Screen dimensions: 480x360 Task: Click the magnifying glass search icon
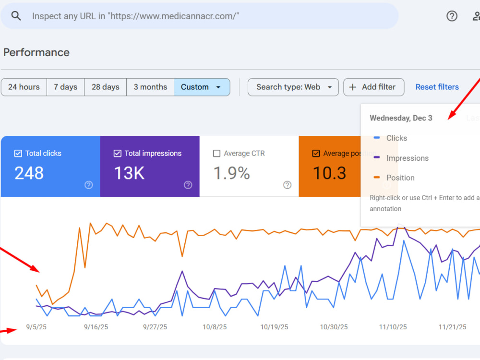pyautogui.click(x=16, y=16)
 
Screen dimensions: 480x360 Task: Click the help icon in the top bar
pyautogui.click(x=452, y=16)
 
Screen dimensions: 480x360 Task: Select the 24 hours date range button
pyautogui.click(x=24, y=87)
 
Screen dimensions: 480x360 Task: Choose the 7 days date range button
pyautogui.click(x=65, y=87)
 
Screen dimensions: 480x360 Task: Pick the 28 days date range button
pyautogui.click(x=105, y=87)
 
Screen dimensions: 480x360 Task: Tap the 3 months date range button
pyautogui.click(x=150, y=87)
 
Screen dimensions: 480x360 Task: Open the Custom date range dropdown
pyautogui.click(x=202, y=87)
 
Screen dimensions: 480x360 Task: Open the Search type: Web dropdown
pyautogui.click(x=293, y=87)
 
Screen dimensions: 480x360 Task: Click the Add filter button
pyautogui.click(x=374, y=87)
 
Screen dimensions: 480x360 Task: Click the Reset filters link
pyautogui.click(x=437, y=87)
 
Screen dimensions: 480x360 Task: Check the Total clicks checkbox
pyautogui.click(x=18, y=154)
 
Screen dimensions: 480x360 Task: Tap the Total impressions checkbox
pyautogui.click(x=118, y=154)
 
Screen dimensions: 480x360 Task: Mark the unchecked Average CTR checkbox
pyautogui.click(x=217, y=154)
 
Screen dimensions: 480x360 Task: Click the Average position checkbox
pyautogui.click(x=316, y=154)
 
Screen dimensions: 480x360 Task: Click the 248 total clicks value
pyautogui.click(x=29, y=173)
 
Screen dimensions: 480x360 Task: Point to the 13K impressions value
pyautogui.click(x=129, y=173)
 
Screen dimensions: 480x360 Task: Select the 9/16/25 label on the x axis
pyautogui.click(x=96, y=327)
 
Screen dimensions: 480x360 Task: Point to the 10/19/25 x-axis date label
pyautogui.click(x=274, y=327)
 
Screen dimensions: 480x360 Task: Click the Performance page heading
pyautogui.click(x=36, y=52)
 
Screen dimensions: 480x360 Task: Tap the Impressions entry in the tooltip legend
pyautogui.click(x=408, y=158)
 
